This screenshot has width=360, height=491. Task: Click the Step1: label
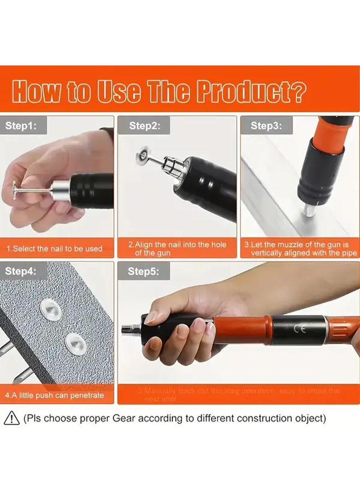(x=21, y=125)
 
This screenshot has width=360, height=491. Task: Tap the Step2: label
(x=145, y=125)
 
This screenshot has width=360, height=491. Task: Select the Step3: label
(x=266, y=125)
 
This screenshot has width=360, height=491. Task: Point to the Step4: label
(x=21, y=271)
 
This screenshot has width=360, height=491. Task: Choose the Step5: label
(x=145, y=271)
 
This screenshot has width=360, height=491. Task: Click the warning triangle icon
(x=11, y=418)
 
